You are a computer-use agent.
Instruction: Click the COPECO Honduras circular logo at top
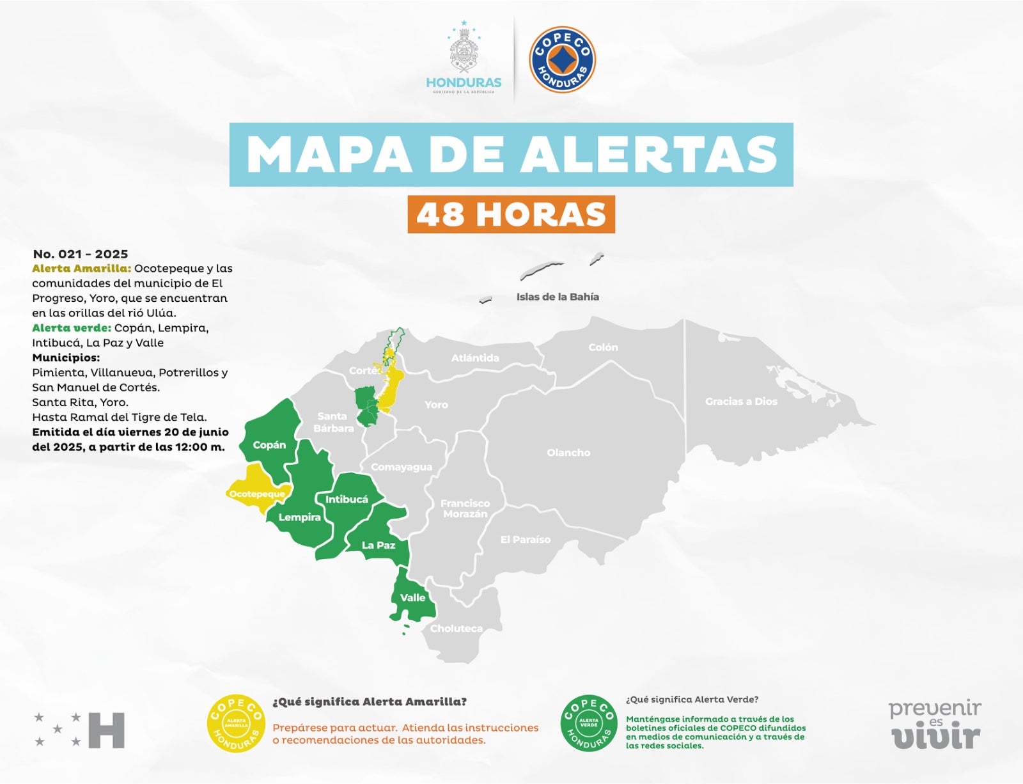(x=562, y=59)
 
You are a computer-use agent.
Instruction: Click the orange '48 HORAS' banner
(x=511, y=214)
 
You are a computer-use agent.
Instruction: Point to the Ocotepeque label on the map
(x=257, y=494)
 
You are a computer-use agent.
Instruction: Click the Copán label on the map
(x=269, y=445)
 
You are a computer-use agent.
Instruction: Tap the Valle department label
(x=412, y=597)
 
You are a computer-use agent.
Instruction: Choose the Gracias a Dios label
(x=741, y=402)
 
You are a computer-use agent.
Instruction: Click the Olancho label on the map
(x=568, y=453)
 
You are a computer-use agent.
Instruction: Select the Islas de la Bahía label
(x=558, y=297)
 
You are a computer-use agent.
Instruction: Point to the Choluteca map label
(x=457, y=628)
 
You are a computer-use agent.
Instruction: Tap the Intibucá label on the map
(x=347, y=499)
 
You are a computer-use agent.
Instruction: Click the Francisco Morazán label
(x=465, y=508)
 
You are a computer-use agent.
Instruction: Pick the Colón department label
(x=603, y=347)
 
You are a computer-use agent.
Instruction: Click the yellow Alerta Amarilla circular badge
(x=236, y=723)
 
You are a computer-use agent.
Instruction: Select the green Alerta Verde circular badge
(x=589, y=723)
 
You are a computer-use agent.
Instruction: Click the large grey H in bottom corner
(x=106, y=730)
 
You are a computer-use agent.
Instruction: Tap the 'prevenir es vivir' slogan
(x=935, y=725)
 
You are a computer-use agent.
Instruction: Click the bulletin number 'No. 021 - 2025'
(x=81, y=254)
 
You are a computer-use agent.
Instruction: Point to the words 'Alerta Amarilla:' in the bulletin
(x=81, y=269)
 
